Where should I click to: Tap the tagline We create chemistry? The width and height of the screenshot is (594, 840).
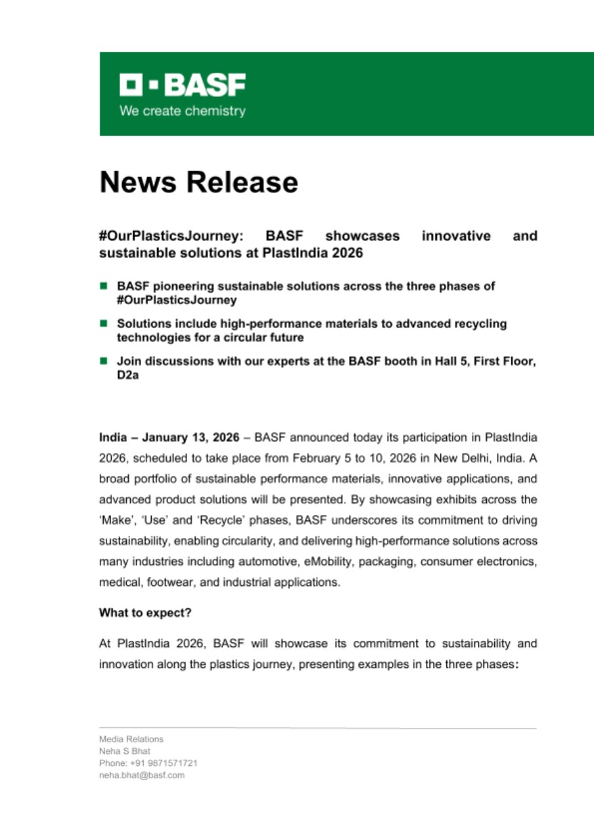pos(182,111)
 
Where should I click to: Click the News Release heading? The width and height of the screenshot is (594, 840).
pos(198,182)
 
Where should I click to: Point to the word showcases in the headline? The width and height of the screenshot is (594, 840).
pos(362,236)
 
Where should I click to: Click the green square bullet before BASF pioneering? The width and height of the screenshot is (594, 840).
pos(103,286)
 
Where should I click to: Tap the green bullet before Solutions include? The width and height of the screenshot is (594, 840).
pos(103,324)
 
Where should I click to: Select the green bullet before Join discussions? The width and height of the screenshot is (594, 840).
pos(103,361)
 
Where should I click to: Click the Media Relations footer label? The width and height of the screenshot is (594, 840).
pos(131,739)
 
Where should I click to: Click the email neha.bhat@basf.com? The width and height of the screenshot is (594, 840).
pos(141,775)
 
